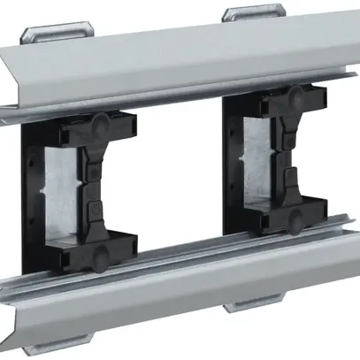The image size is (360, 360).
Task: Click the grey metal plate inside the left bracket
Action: coord(64,190)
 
